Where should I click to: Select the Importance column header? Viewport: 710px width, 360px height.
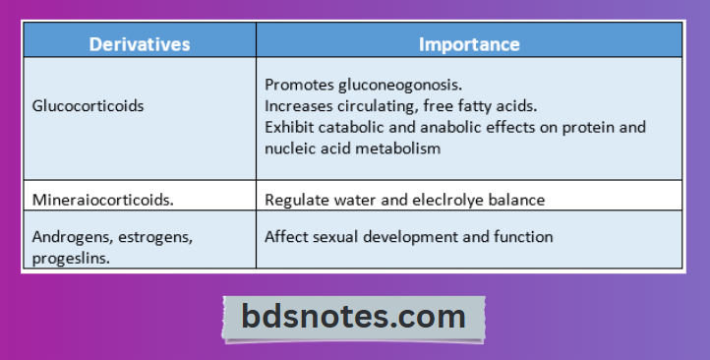pyautogui.click(x=469, y=44)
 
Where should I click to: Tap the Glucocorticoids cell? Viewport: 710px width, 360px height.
pyautogui.click(x=88, y=106)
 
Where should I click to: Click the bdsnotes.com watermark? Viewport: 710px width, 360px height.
pyautogui.click(x=354, y=317)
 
